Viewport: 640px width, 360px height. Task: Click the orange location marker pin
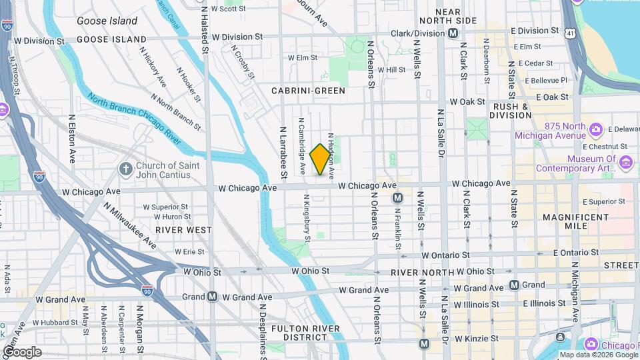tap(321, 159)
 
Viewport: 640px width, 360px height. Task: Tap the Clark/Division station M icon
tap(453, 33)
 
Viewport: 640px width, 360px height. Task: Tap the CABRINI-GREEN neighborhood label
tap(308, 90)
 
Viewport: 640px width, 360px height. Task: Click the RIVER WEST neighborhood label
tap(183, 229)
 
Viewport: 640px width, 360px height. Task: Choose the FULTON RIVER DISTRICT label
tap(305, 333)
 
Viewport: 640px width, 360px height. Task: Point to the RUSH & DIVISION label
tap(512, 111)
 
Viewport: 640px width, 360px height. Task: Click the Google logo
tap(22, 351)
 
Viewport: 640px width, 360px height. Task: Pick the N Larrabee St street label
tap(283, 152)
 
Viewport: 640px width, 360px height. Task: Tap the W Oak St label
tap(467, 102)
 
